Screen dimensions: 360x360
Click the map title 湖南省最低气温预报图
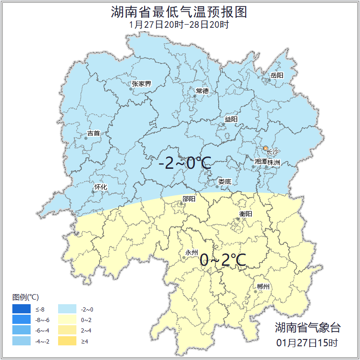179,12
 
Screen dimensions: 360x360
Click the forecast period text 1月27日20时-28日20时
179,25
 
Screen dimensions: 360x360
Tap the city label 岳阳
277,75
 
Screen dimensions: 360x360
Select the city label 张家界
141,84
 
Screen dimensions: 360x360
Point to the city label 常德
202,91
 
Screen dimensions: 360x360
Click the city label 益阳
231,119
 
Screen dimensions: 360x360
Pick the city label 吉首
93,133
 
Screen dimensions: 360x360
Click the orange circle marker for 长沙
265,148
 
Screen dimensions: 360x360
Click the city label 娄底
225,182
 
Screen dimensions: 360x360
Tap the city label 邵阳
188,199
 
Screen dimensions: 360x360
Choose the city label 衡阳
245,214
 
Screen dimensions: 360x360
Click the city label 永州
191,253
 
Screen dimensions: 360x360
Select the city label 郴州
263,287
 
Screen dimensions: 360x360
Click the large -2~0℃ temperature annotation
185,163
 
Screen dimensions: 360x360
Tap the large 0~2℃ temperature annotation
223,260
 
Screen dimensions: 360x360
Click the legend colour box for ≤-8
21,309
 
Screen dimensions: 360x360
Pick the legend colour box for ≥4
67,341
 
